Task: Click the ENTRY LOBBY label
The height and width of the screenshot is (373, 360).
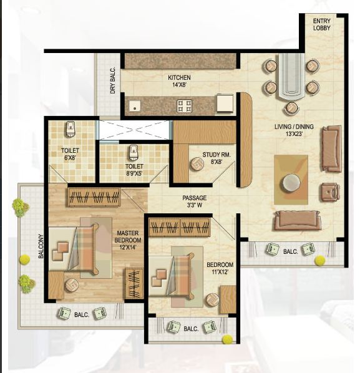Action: (322, 24)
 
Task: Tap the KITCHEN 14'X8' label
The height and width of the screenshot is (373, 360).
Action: (178, 82)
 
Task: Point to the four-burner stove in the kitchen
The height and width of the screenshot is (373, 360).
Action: (184, 105)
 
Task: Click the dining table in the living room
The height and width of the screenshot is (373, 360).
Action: (290, 77)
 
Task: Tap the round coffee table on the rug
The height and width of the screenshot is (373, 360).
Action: (290, 183)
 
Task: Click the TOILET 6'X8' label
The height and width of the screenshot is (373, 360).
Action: (70, 154)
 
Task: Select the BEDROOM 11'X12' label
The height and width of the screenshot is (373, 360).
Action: (220, 268)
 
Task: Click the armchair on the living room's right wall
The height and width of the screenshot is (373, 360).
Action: (329, 191)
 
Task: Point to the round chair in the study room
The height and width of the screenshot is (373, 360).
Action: (197, 164)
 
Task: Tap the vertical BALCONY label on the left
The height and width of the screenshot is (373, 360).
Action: (41, 249)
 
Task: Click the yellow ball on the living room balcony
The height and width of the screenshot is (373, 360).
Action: (319, 259)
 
